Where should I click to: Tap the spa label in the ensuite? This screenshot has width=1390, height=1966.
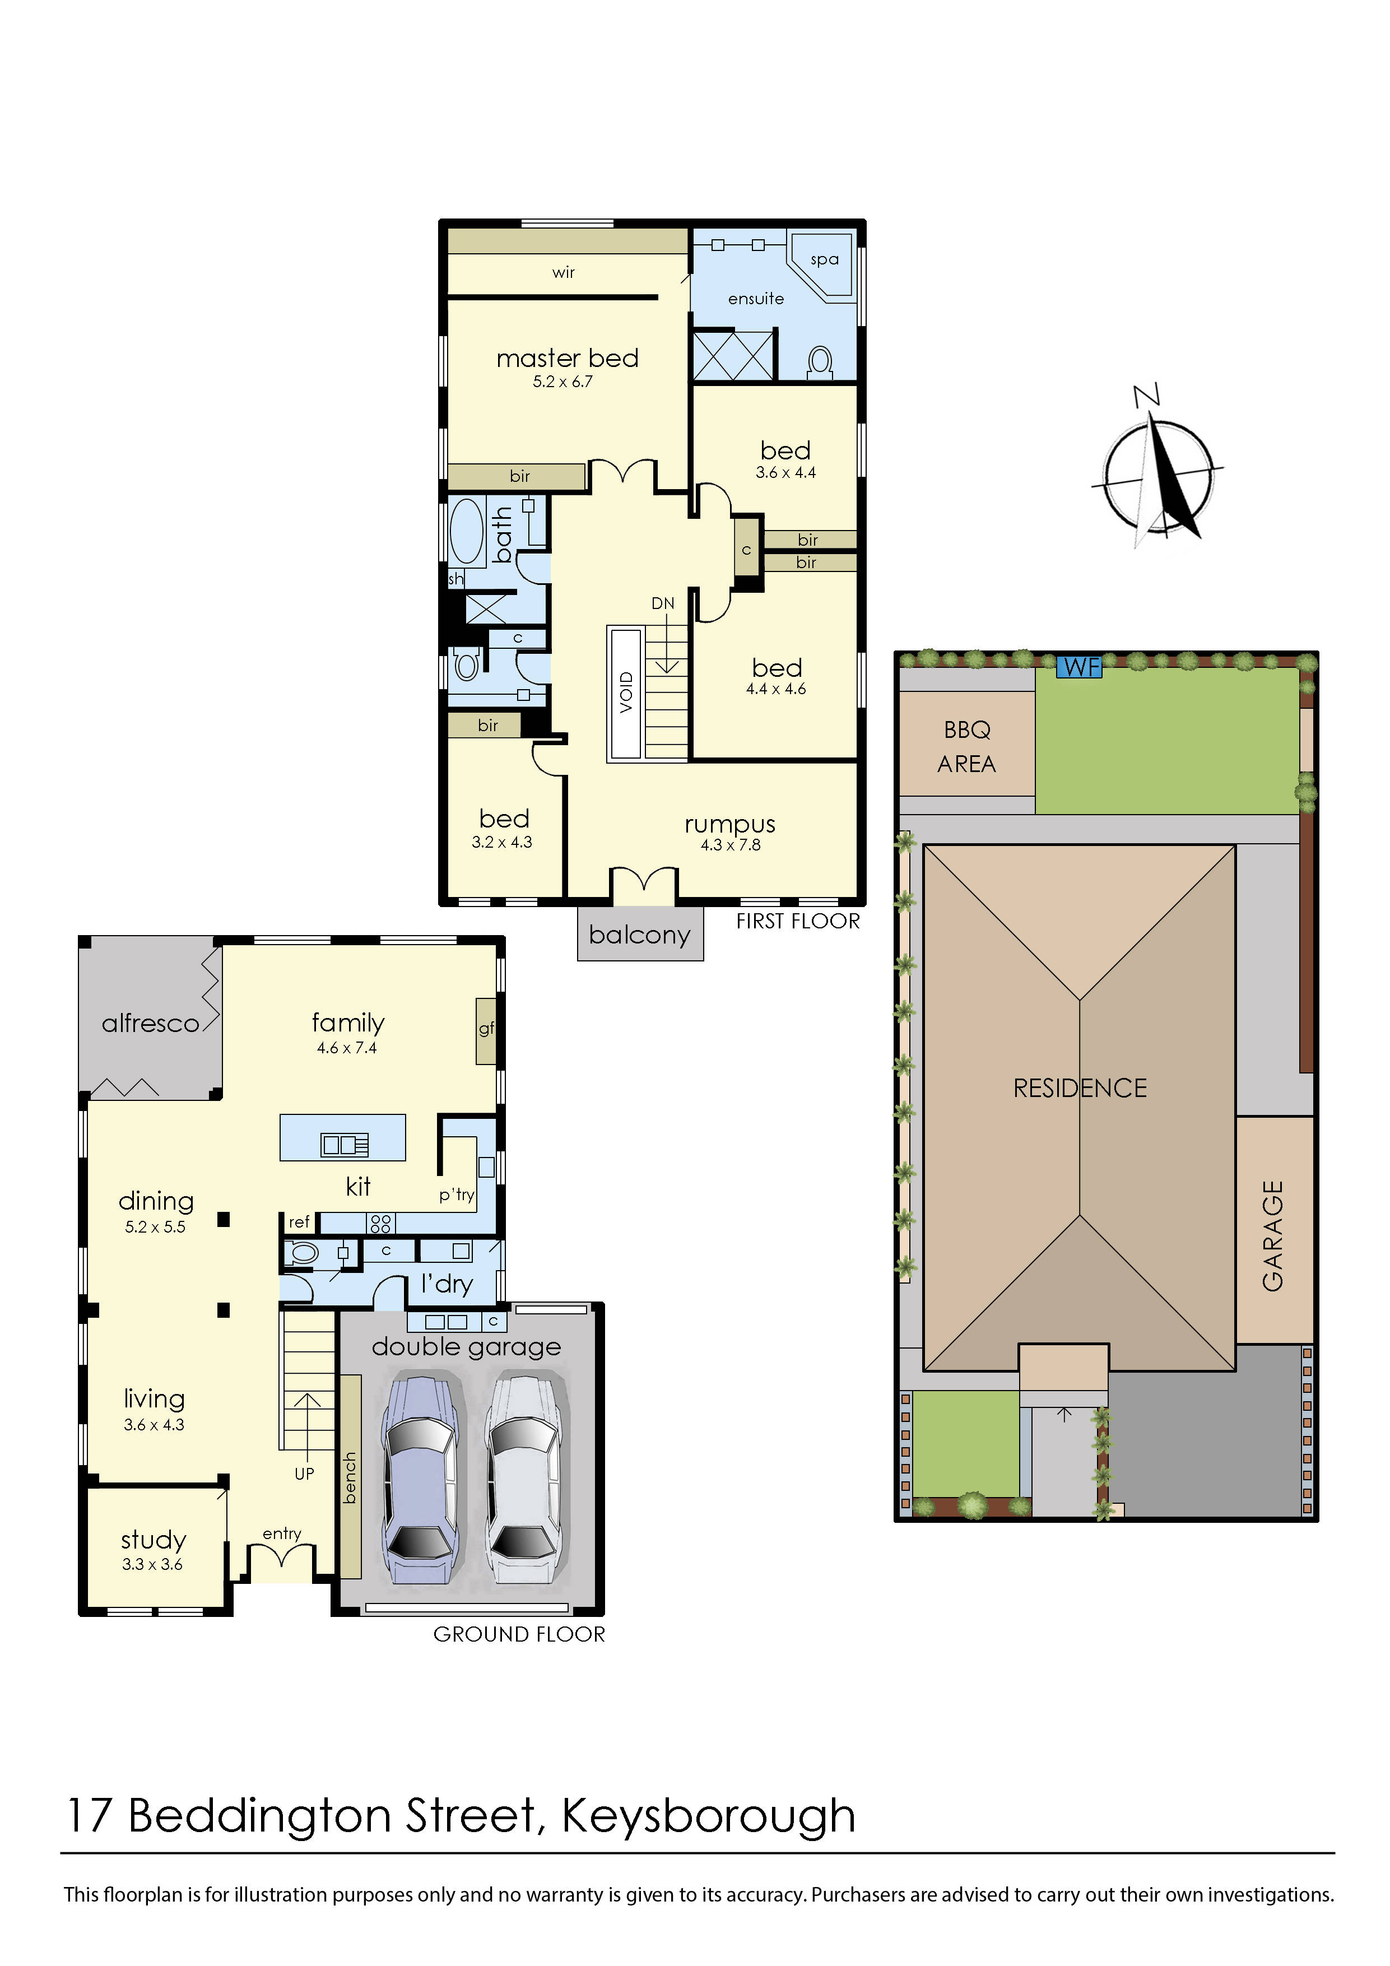point(824,259)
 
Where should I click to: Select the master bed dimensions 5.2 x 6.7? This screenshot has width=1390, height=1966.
point(562,382)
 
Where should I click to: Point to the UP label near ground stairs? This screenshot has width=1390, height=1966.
point(304,1474)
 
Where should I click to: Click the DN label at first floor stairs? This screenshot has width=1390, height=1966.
point(662,603)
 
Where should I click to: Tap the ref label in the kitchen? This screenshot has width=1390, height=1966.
point(299,1222)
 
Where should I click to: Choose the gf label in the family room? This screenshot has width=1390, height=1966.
point(486,1029)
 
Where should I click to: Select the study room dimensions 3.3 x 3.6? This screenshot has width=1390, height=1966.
point(152,1564)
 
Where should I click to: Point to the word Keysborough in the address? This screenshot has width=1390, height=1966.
point(708,1816)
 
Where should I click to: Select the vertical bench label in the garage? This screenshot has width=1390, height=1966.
point(350,1477)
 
